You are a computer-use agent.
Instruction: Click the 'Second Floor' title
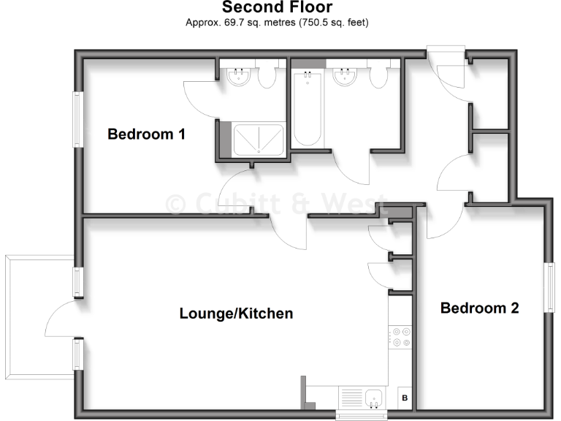click(x=277, y=8)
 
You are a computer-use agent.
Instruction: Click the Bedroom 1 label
click(x=146, y=134)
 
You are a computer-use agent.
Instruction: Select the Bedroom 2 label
click(x=479, y=308)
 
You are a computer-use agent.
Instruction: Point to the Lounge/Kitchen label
click(x=236, y=314)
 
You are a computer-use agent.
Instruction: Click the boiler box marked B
click(x=405, y=398)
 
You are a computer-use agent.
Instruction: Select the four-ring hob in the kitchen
click(x=401, y=335)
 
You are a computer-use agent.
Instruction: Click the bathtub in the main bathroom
click(x=305, y=109)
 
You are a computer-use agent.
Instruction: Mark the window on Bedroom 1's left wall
click(x=76, y=119)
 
